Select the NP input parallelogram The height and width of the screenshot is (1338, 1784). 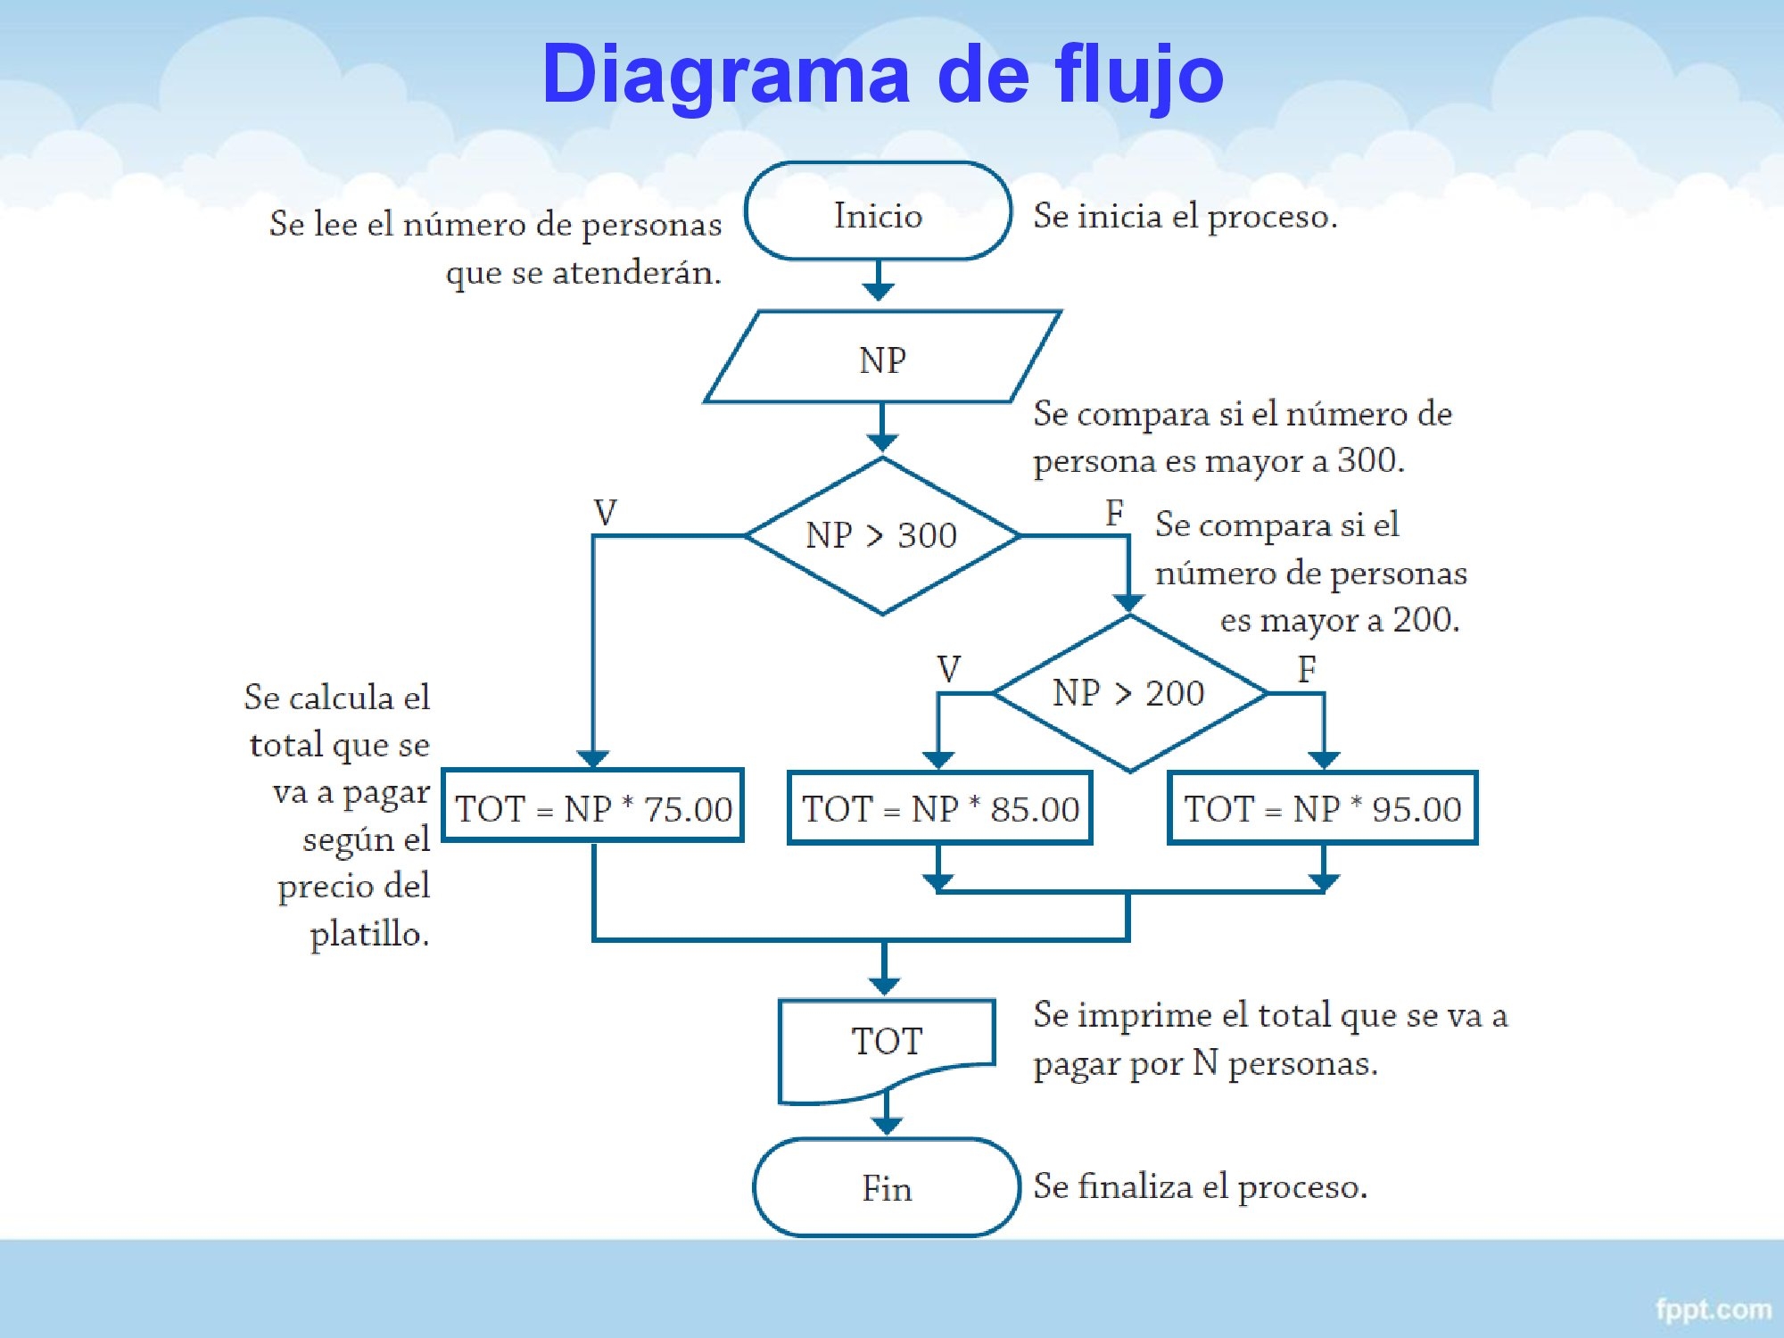pos(882,359)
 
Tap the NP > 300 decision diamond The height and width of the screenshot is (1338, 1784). pos(882,535)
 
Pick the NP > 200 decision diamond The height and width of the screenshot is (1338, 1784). pos(1129,693)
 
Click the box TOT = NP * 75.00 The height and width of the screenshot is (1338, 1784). pos(593,807)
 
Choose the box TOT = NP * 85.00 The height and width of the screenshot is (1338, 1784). pos(940,807)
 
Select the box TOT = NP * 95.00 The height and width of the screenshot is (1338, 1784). pos(1323,807)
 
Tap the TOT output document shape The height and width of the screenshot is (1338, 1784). pos(887,1044)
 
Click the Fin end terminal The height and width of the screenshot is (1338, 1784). pos(887,1187)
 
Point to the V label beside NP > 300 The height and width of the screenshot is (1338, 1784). pos(605,513)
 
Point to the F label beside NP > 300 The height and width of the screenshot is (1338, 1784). pos(1114,513)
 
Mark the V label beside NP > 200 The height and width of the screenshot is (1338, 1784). pos(949,669)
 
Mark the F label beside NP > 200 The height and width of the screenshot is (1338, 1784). pos(1307,669)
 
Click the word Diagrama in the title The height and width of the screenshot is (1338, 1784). pos(725,74)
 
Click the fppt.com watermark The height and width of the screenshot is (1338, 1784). pos(1713,1309)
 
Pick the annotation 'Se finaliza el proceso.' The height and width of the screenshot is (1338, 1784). pos(1200,1187)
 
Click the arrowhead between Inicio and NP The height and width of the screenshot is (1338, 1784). pos(879,291)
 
